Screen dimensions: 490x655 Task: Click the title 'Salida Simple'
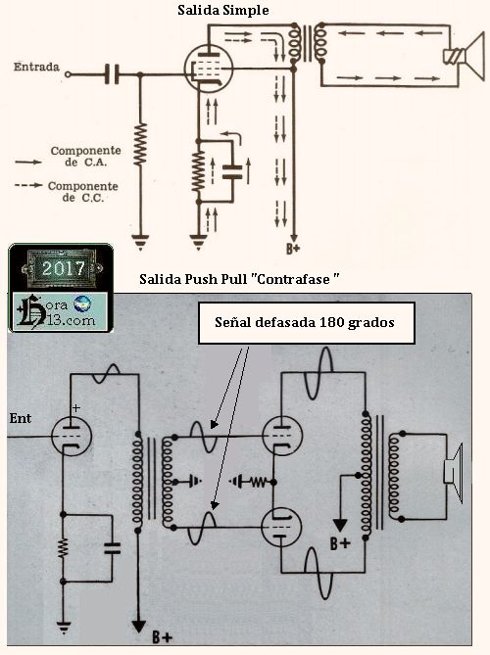tap(222, 10)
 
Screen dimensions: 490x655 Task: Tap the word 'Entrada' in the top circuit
tap(36, 67)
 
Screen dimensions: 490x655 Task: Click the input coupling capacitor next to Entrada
tap(112, 74)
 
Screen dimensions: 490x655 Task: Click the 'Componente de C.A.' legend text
tap(85, 157)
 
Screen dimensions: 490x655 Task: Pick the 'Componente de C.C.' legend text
tap(82, 192)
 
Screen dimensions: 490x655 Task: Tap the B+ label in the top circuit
tap(293, 249)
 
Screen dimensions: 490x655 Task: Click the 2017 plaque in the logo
tap(62, 267)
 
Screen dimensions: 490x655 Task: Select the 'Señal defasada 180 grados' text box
tap(307, 323)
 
